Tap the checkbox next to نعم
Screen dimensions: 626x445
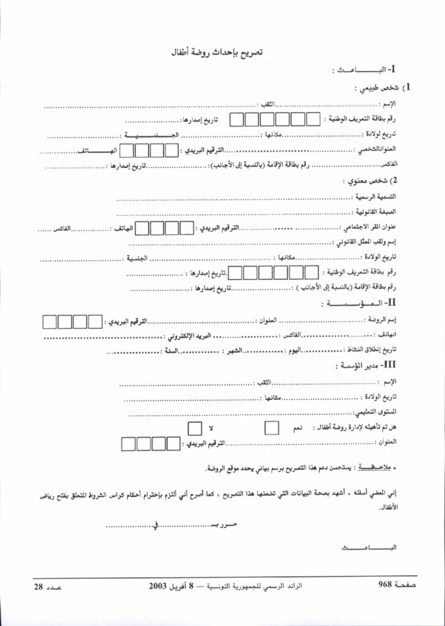click(271, 428)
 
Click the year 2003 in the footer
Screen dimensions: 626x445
click(159, 586)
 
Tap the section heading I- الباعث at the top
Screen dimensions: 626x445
click(367, 71)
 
